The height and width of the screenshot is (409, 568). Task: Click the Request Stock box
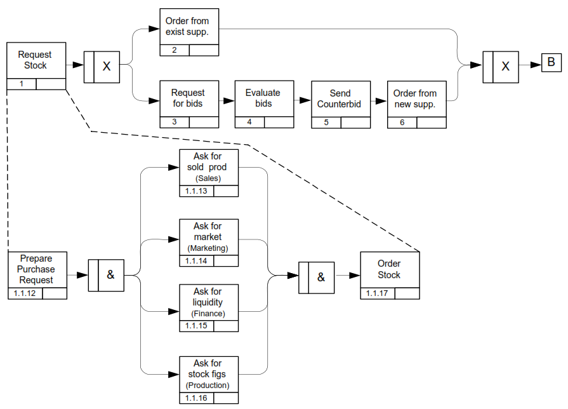pyautogui.click(x=36, y=61)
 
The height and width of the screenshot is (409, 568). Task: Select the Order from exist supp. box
pyautogui.click(x=188, y=27)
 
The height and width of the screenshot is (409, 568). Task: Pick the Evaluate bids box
pyautogui.click(x=264, y=98)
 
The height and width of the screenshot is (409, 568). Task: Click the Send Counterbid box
pyautogui.click(x=340, y=98)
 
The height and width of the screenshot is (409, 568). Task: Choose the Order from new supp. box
pyautogui.click(x=416, y=98)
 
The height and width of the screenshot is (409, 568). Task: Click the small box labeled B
pyautogui.click(x=551, y=62)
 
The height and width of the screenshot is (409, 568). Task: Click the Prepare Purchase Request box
pyautogui.click(x=37, y=269)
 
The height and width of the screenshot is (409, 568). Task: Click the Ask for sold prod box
pyautogui.click(x=208, y=168)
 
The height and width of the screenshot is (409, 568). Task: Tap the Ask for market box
pyautogui.click(x=208, y=237)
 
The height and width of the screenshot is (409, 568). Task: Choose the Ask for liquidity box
pyautogui.click(x=208, y=303)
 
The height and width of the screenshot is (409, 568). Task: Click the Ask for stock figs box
pyautogui.click(x=208, y=374)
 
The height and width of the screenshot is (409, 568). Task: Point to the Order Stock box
pyautogui.click(x=390, y=269)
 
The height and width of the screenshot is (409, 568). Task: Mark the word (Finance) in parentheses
pyautogui.click(x=208, y=314)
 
